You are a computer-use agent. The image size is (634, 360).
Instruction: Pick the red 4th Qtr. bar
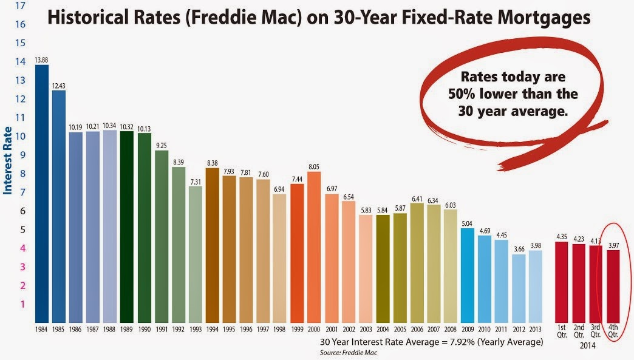coord(613,286)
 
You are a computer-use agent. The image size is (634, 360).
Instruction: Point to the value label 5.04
coord(467,223)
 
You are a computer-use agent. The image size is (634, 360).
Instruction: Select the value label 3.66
coord(519,249)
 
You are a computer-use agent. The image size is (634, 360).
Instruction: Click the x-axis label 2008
coord(450,330)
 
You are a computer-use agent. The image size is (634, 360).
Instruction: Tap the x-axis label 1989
coord(127,330)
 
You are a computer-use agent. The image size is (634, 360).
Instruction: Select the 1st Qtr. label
coord(562,333)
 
